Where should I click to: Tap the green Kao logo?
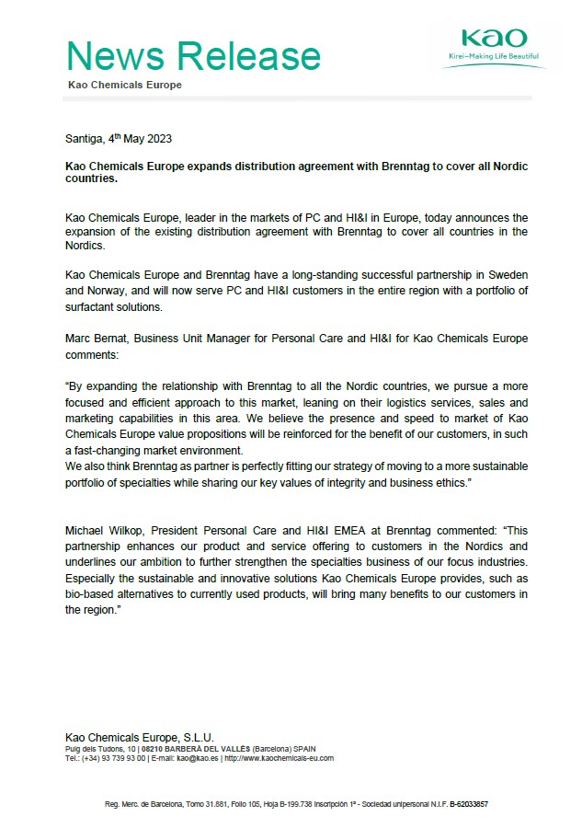pos(495,39)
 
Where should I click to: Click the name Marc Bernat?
pos(98,339)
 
